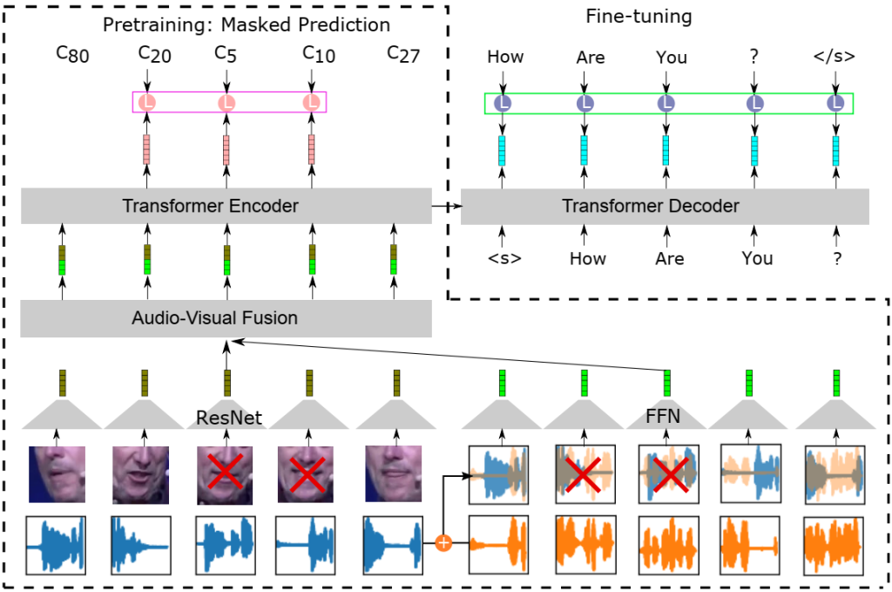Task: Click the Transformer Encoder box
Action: (x=210, y=207)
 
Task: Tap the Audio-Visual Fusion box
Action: (x=226, y=318)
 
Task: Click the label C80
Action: (x=72, y=56)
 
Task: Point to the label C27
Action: (x=403, y=56)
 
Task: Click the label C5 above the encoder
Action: (x=226, y=55)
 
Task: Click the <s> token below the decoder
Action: (x=503, y=259)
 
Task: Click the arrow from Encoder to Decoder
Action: (x=446, y=207)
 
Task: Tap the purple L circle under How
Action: (x=503, y=104)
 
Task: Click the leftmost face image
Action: (x=57, y=473)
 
